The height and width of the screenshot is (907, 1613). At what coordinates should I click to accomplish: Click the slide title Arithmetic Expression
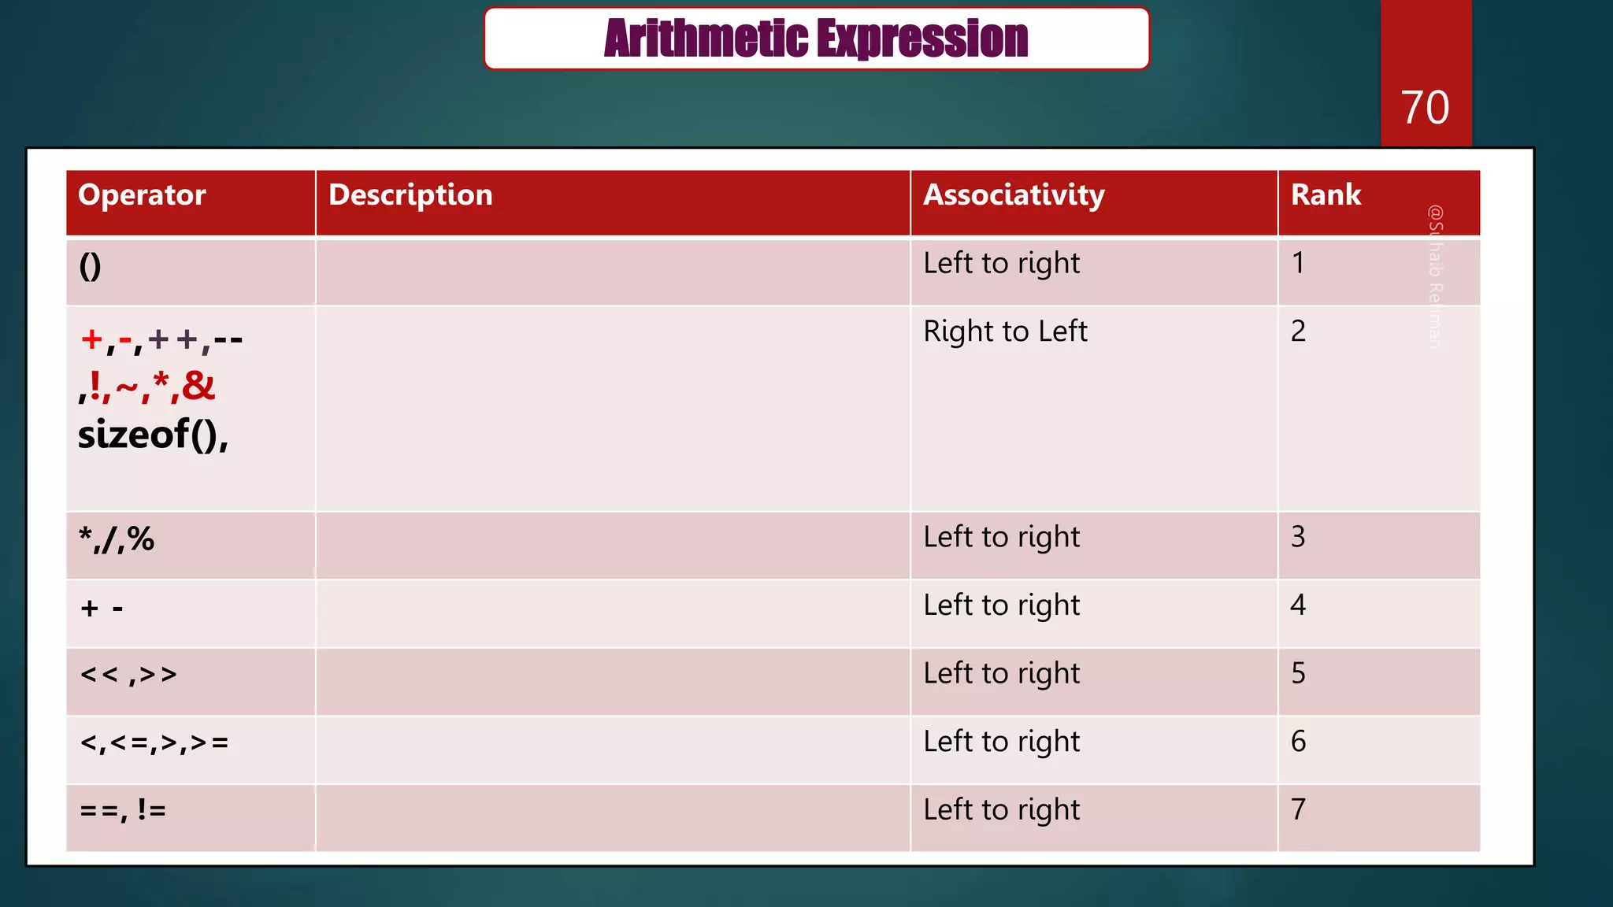pyautogui.click(x=816, y=39)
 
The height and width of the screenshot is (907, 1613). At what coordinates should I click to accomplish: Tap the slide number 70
pyautogui.click(x=1425, y=107)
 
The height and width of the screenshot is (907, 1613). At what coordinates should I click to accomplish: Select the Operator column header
pyautogui.click(x=142, y=195)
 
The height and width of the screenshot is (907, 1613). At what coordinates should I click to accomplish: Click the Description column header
pyautogui.click(x=410, y=195)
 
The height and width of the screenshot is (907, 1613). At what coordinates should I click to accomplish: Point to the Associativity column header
pyautogui.click(x=1014, y=195)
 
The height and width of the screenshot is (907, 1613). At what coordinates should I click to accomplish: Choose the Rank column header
pyautogui.click(x=1326, y=195)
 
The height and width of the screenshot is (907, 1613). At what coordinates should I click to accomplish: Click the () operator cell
pyautogui.click(x=91, y=267)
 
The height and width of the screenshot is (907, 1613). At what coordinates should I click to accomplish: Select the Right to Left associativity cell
pyautogui.click(x=1005, y=331)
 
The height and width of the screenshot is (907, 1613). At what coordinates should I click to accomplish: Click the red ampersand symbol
pyautogui.click(x=198, y=386)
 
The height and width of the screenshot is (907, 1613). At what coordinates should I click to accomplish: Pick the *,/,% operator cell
pyautogui.click(x=117, y=540)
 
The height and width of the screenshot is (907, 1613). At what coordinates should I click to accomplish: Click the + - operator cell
pyautogui.click(x=102, y=609)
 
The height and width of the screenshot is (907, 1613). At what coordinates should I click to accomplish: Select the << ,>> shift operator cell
pyautogui.click(x=128, y=676)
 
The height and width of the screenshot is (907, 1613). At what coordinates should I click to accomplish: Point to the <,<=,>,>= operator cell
pyautogui.click(x=154, y=743)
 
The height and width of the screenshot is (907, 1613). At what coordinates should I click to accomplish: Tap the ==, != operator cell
pyautogui.click(x=123, y=810)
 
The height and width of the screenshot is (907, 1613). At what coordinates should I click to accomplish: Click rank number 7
pyautogui.click(x=1298, y=809)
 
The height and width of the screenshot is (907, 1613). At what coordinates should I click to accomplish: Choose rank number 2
pyautogui.click(x=1298, y=331)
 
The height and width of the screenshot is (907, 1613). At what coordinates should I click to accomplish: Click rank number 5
pyautogui.click(x=1298, y=673)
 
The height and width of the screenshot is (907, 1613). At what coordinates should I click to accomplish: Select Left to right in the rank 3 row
pyautogui.click(x=1001, y=538)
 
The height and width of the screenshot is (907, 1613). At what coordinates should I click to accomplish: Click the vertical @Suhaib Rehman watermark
pyautogui.click(x=1435, y=276)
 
